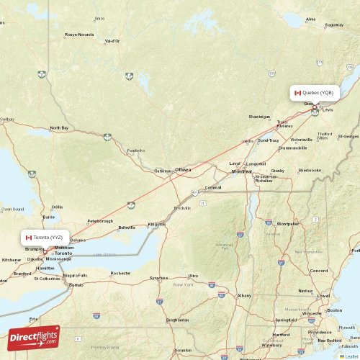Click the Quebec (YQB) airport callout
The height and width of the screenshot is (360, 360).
pos(315,92)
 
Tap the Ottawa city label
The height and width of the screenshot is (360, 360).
pos(183,170)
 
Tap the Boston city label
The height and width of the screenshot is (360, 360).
pos(334,310)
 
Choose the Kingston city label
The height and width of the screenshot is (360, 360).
pos(156,224)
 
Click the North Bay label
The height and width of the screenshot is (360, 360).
pos(59,127)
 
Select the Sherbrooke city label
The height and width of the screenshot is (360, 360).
pos(310,170)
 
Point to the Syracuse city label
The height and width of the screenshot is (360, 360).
pos(159,277)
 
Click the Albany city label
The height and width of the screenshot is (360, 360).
pos(245,295)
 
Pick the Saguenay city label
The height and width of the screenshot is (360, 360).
pos(334,24)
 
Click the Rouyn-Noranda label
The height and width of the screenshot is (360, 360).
pos(79,34)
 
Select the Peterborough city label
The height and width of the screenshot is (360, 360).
pos(100,221)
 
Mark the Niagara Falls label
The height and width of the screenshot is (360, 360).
pos(75,275)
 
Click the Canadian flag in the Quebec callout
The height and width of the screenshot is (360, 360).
pos(297,92)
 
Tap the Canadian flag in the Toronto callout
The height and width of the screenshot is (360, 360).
pos(28,237)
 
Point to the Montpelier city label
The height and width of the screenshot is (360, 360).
pos(288,223)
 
